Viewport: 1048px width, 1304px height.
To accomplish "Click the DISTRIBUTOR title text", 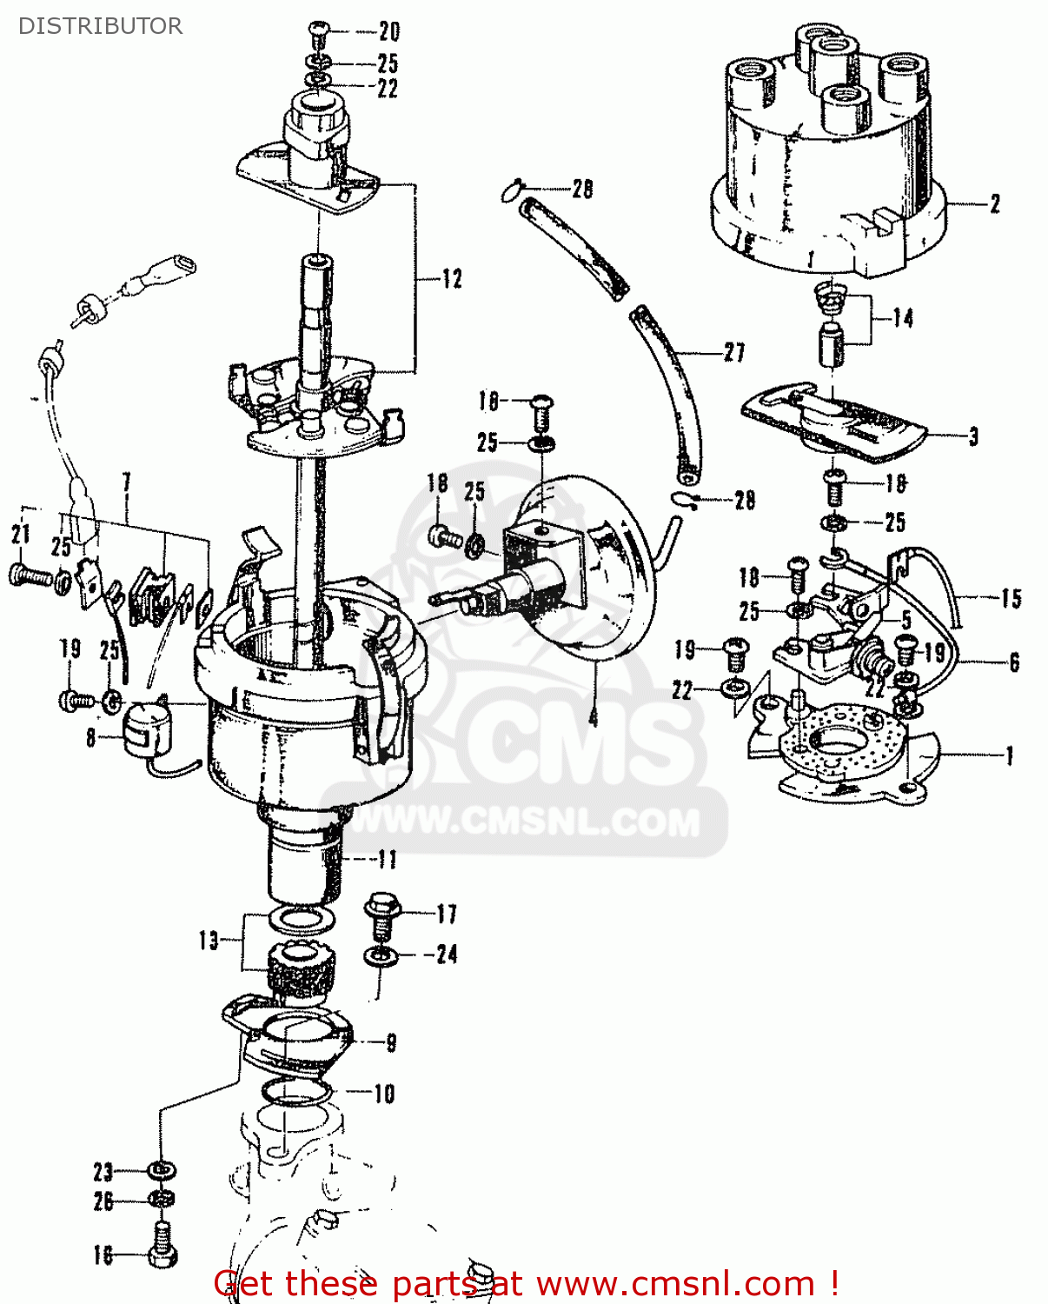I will point(100,26).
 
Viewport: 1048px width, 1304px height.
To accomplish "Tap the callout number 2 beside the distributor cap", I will point(995,203).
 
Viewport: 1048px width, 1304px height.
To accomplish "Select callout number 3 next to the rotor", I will point(973,436).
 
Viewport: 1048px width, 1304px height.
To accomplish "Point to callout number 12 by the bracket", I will point(452,279).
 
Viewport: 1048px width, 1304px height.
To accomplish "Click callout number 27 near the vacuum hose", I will point(734,352).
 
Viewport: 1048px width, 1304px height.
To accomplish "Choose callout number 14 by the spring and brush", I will point(903,318).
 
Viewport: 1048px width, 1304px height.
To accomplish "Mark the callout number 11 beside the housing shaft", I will point(387,860).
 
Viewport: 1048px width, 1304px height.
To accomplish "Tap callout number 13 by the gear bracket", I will point(209,941).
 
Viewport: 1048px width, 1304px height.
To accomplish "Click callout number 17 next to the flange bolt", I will point(447,914).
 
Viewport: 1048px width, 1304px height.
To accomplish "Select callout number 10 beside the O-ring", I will point(384,1094).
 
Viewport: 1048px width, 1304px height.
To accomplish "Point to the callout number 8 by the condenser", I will point(90,739).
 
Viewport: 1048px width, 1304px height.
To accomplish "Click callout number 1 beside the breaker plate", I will point(1009,755).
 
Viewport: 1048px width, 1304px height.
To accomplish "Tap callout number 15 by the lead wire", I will point(1011,598).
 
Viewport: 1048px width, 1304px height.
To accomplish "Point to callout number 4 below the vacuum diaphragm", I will point(594,717).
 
